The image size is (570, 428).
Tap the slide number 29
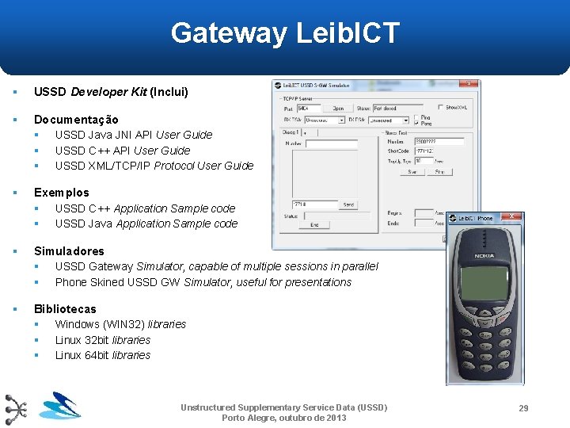pyautogui.click(x=522, y=408)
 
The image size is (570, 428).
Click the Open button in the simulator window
pyautogui.click(x=338, y=108)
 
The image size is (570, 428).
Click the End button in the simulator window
pyautogui.click(x=314, y=225)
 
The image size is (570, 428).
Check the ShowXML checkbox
pyautogui.click(x=442, y=107)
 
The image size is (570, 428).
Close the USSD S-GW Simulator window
pyautogui.click(x=469, y=83)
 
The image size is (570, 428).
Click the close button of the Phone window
pyautogui.click(x=511, y=216)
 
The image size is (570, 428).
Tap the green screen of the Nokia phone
pyautogui.click(x=485, y=284)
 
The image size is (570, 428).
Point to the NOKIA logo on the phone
pyautogui.click(x=484, y=255)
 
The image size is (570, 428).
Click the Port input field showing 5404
pyautogui.click(x=309, y=108)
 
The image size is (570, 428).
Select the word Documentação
pyautogui.click(x=76, y=120)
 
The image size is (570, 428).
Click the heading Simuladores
pyautogui.click(x=69, y=251)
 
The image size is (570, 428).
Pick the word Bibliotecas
pyautogui.click(x=65, y=309)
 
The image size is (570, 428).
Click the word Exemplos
pyautogui.click(x=61, y=193)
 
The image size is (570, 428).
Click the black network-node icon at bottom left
pyautogui.click(x=16, y=409)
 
